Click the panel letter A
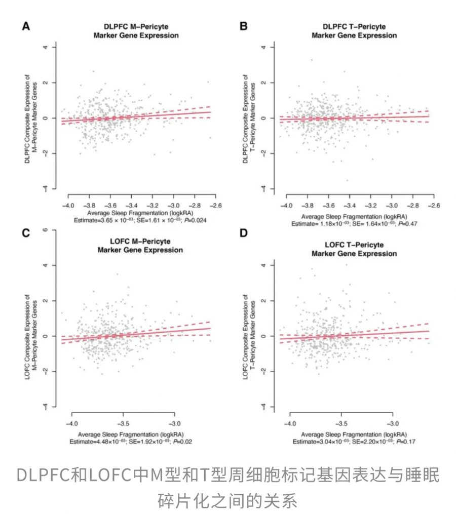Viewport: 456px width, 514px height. click(26, 26)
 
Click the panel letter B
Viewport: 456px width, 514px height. click(243, 26)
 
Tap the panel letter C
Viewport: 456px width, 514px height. click(26, 233)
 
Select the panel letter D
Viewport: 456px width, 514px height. click(243, 233)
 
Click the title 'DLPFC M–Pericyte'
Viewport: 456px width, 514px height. click(136, 26)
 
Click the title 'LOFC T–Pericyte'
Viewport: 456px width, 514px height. click(354, 245)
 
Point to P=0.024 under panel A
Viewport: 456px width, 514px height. click(196, 220)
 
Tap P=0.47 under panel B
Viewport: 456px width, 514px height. click(408, 224)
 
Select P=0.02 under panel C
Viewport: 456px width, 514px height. click(182, 442)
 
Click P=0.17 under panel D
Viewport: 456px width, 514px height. click(406, 442)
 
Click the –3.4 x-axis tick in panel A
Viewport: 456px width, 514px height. click(131, 206)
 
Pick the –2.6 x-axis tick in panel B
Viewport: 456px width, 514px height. click(434, 206)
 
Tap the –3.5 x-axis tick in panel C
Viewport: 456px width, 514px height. click(123, 423)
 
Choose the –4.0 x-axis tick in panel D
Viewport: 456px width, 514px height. click(290, 423)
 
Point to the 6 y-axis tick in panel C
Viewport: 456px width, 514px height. click(45, 230)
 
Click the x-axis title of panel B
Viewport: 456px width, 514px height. click(354, 217)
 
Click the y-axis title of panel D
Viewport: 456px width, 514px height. click(249, 337)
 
